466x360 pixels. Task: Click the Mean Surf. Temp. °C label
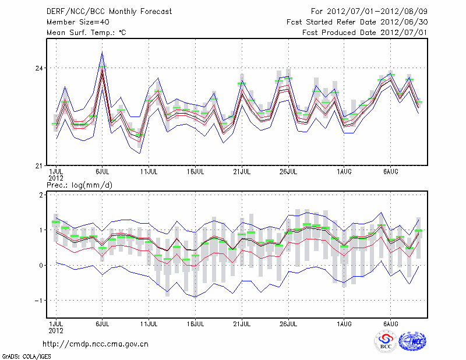click(x=86, y=33)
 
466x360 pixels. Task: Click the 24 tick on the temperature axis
click(x=40, y=68)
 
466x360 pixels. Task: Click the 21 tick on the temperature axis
click(x=40, y=165)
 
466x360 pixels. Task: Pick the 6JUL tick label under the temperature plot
click(x=103, y=172)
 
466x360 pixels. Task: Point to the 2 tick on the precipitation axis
click(x=41, y=195)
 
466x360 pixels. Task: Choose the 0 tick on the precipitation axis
click(x=41, y=266)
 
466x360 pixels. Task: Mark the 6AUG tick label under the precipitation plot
click(x=391, y=323)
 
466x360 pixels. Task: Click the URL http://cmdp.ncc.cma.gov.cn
click(x=96, y=344)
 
